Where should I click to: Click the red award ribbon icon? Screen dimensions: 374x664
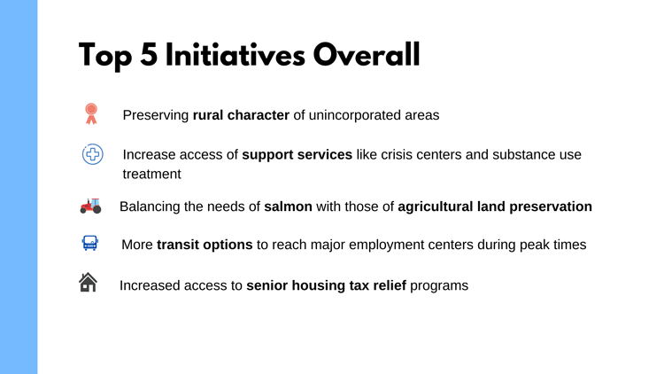[x=91, y=113]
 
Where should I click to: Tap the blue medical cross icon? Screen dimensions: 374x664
[x=92, y=154]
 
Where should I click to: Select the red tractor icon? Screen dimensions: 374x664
[x=90, y=206]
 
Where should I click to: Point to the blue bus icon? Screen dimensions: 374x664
[x=90, y=243]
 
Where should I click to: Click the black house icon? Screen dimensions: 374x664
[x=89, y=283]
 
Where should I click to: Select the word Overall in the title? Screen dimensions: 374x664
[x=367, y=56]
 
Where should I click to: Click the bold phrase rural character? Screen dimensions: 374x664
[x=241, y=115]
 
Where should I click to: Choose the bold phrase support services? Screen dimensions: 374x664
[x=297, y=155]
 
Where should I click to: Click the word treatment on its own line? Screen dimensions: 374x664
[x=151, y=175]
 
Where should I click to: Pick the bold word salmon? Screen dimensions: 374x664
[x=288, y=206]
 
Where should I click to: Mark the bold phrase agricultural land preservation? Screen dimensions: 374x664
[x=495, y=206]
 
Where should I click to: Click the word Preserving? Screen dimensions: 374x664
[x=156, y=115]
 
